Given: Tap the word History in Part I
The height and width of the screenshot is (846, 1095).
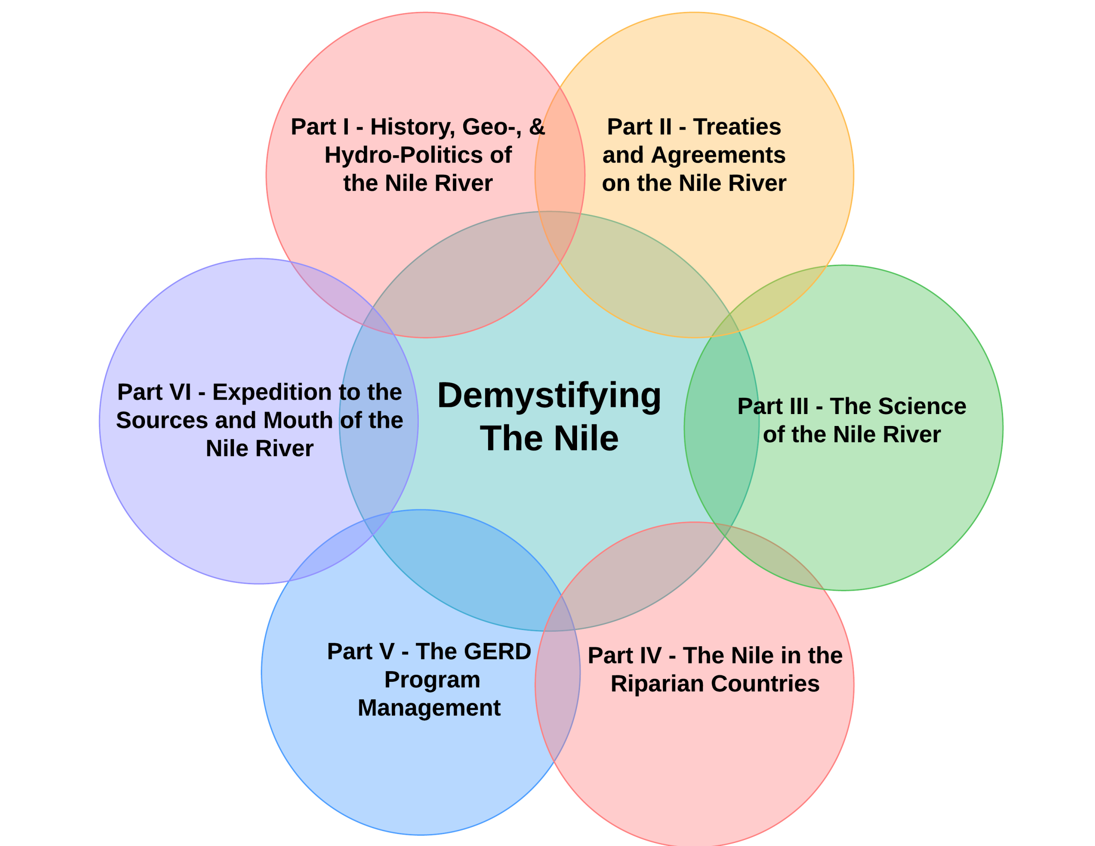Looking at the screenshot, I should [411, 127].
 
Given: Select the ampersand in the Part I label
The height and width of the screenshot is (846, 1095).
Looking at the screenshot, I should [537, 127].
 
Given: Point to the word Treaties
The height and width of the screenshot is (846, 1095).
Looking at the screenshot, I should [737, 127].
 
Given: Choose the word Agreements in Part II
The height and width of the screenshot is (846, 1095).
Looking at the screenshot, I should [718, 155].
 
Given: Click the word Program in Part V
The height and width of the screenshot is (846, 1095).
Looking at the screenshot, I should [432, 680].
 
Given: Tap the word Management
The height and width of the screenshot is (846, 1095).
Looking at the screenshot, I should [429, 708].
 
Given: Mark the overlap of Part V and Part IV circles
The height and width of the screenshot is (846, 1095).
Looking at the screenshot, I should [557, 682].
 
